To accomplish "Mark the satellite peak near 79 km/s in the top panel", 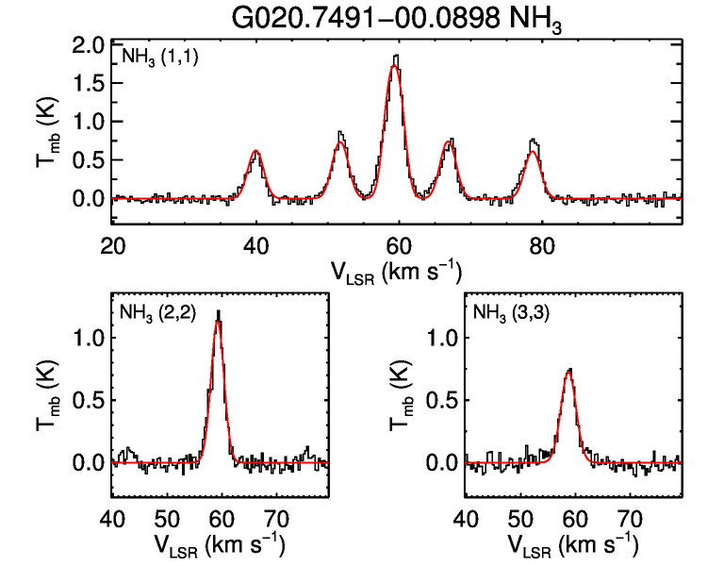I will click(x=534, y=141).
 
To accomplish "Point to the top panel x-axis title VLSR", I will click(x=395, y=271).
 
